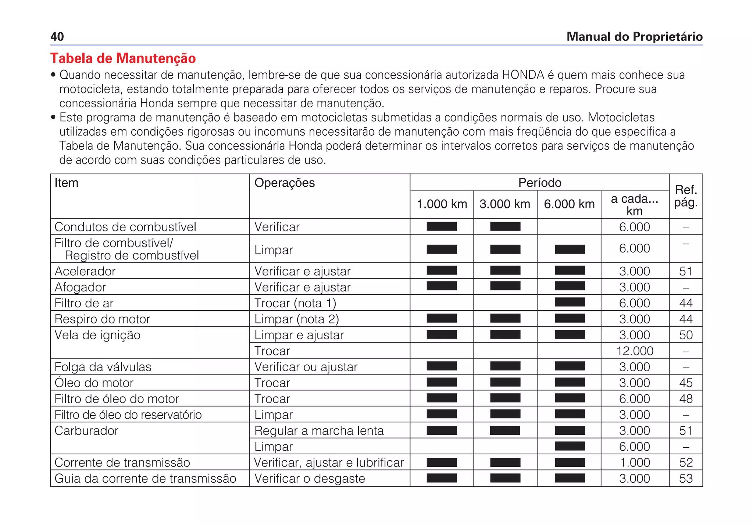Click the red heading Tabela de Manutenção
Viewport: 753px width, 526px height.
(x=123, y=58)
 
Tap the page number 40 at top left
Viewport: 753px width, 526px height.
(x=57, y=37)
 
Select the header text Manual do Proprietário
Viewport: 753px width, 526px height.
(x=634, y=37)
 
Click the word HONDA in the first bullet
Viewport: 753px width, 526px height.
(x=523, y=75)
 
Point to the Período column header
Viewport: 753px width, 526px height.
(x=539, y=183)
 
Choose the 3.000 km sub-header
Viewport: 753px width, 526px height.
(x=505, y=204)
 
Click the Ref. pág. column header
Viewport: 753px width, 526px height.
(x=686, y=196)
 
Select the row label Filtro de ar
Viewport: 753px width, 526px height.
(x=84, y=303)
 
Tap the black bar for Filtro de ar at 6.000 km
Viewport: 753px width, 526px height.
(x=570, y=302)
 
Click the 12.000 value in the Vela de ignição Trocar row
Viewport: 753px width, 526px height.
(x=635, y=351)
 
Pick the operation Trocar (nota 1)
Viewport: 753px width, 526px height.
(x=295, y=303)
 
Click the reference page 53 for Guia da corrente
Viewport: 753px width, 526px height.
(x=686, y=479)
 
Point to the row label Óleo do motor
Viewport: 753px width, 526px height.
(x=94, y=383)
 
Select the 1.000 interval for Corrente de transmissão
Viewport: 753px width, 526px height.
(x=635, y=463)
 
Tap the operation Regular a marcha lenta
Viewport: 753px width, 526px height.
(x=319, y=431)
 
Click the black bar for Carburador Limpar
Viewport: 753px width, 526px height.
(x=570, y=446)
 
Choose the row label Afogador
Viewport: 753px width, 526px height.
(x=80, y=287)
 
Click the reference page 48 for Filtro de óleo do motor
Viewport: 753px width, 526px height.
(x=686, y=399)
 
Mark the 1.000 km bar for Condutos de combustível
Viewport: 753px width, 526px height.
(x=442, y=226)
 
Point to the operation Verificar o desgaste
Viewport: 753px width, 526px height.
(x=310, y=479)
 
